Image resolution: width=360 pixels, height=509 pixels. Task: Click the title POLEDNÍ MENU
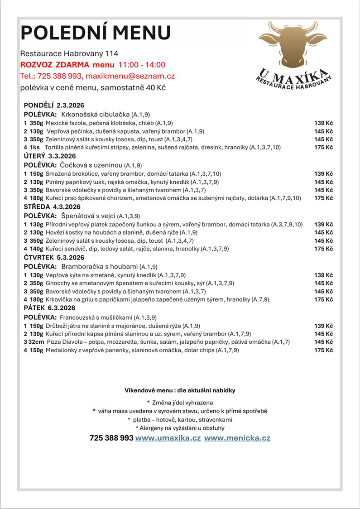pos(96,33)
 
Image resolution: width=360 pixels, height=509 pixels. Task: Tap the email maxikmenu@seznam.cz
pos(130,76)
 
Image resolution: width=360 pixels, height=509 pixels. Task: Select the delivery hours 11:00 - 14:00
pos(142,65)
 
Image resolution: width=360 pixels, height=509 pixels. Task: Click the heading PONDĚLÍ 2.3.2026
pos(54,105)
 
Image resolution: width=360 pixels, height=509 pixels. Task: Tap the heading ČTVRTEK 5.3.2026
pos(54,257)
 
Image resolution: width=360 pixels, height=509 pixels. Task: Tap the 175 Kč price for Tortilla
pos(324,148)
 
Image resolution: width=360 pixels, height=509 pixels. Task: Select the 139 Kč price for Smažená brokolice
pos(324,173)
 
